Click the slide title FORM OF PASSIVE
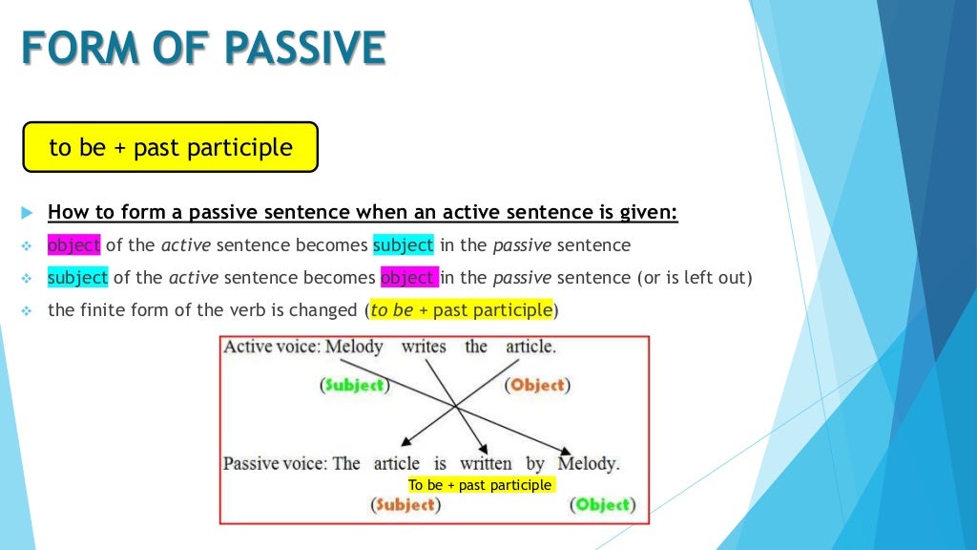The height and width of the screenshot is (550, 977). point(203,49)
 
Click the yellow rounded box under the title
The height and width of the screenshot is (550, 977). point(170,147)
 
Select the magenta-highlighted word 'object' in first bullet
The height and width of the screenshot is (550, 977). point(73,245)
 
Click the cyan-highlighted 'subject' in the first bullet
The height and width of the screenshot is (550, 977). point(403,245)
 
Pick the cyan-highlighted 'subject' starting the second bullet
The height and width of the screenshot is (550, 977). point(77,278)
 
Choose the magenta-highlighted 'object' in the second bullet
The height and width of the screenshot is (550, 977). point(409,278)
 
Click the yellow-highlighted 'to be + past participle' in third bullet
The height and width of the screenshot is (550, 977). point(461,310)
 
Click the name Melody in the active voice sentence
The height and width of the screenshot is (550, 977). point(354,347)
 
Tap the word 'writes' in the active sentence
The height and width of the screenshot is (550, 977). point(424,347)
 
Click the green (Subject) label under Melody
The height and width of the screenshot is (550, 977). point(353,386)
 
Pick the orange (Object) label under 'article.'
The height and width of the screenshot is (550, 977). point(537,386)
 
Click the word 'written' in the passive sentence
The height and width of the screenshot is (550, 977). point(486,464)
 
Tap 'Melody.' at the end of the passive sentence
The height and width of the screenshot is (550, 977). point(588,464)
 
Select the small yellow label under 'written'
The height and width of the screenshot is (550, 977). point(480,485)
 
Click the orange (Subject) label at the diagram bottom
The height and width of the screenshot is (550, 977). point(405,505)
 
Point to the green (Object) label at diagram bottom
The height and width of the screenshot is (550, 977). point(603,505)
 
